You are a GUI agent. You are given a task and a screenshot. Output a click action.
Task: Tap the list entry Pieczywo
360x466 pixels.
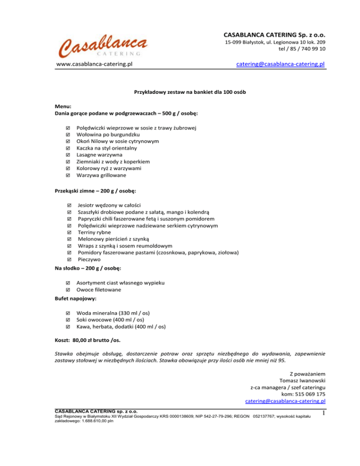point(89,260)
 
